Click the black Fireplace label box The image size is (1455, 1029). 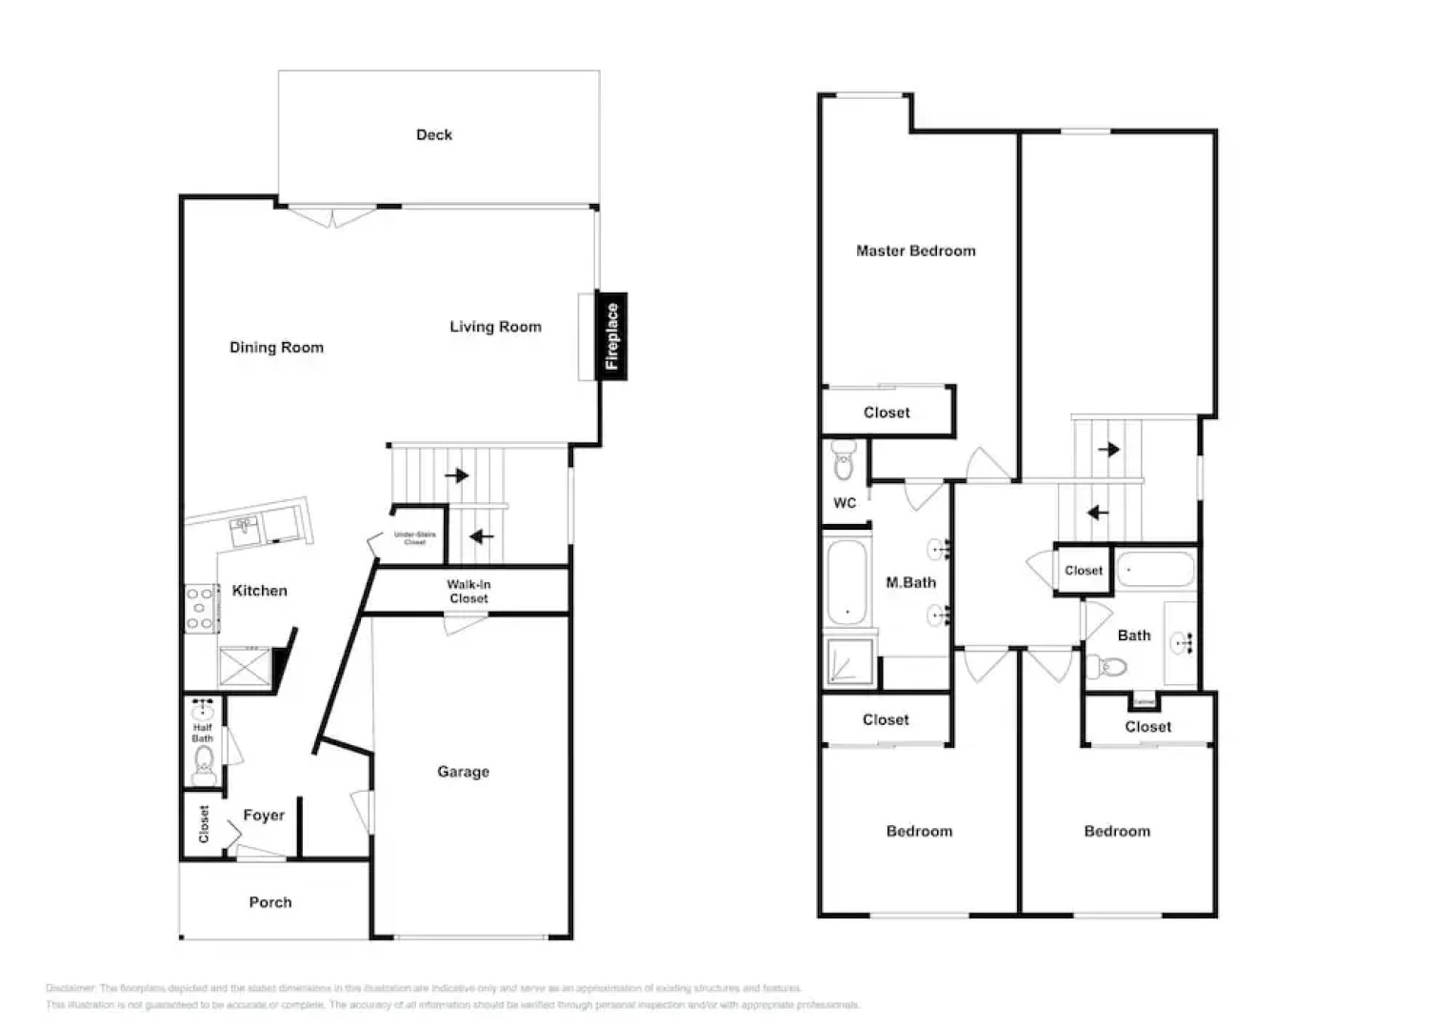[x=611, y=335]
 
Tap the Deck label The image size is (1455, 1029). [x=434, y=135]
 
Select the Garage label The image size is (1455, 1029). [x=463, y=772]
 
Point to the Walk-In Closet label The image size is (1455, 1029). [x=468, y=592]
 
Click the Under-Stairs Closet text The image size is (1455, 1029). [x=415, y=538]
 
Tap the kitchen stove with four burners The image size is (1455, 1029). [x=201, y=609]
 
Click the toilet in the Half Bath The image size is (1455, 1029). [x=203, y=763]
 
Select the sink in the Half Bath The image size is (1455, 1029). [x=203, y=710]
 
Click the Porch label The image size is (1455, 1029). [x=270, y=902]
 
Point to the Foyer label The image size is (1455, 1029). [x=264, y=816]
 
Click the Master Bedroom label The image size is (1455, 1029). [x=915, y=252]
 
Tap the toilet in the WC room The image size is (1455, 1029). [x=844, y=461]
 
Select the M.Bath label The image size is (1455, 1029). [x=910, y=583]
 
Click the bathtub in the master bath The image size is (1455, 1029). [x=847, y=582]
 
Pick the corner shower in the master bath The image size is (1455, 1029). [x=849, y=661]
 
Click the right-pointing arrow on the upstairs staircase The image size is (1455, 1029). [x=1108, y=449]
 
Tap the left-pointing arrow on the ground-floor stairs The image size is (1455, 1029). [x=482, y=536]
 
